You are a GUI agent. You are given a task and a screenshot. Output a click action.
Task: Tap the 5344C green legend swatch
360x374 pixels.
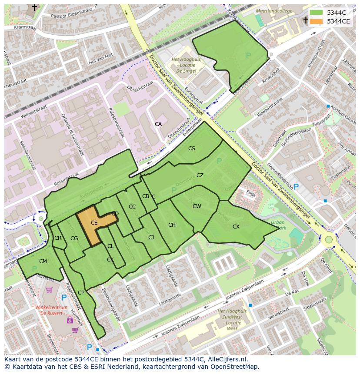(x=317, y=13)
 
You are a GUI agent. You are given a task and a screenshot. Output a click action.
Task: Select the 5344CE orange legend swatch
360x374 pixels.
(x=317, y=21)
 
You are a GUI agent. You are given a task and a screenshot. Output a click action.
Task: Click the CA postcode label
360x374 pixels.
(x=158, y=124)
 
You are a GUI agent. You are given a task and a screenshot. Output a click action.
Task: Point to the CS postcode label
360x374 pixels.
(x=192, y=149)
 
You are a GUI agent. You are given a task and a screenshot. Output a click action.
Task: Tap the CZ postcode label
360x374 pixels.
(x=200, y=175)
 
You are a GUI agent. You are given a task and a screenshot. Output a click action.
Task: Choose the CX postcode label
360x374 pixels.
(x=236, y=227)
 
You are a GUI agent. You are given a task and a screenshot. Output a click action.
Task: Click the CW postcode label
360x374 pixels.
(x=197, y=206)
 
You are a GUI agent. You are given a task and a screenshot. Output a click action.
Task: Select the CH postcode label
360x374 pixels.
(x=172, y=225)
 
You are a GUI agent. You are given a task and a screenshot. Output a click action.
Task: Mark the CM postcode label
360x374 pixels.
(x=43, y=261)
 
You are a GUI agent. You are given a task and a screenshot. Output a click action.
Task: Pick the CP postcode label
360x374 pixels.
(x=81, y=293)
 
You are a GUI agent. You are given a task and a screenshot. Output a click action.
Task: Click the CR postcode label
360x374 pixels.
(x=58, y=238)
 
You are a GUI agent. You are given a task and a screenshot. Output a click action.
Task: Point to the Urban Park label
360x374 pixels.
(x=278, y=225)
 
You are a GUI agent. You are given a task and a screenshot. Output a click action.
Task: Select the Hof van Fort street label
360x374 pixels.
(x=100, y=58)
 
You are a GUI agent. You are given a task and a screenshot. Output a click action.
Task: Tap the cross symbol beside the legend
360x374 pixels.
(x=306, y=20)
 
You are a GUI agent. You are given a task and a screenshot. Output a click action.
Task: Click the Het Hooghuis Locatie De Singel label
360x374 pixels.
(x=183, y=65)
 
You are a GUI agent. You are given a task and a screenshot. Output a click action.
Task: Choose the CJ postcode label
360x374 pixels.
(x=151, y=238)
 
